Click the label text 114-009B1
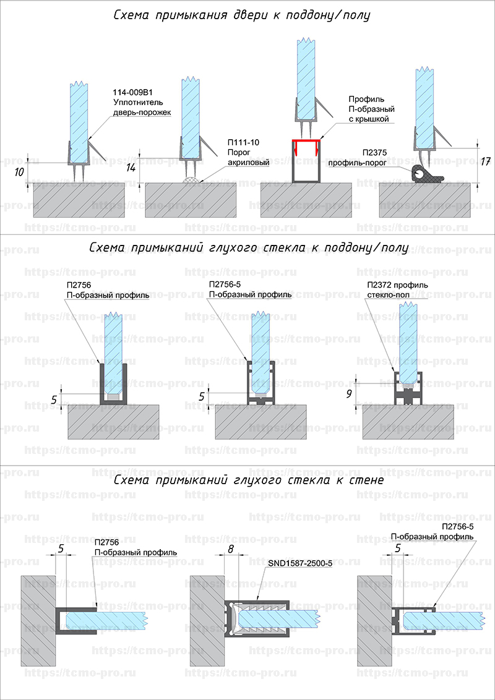point(133,92)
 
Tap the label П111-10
point(243,142)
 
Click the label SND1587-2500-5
point(300,564)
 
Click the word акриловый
point(249,163)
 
